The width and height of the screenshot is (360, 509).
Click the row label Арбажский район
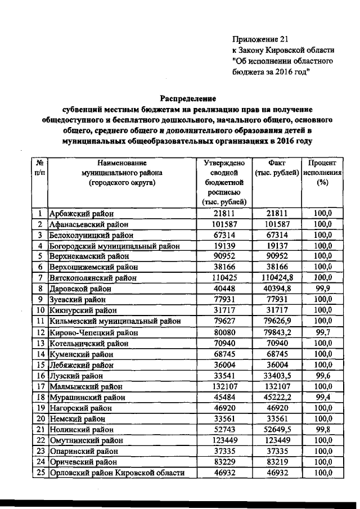point(82,214)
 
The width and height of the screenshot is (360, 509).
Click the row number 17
point(40,386)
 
